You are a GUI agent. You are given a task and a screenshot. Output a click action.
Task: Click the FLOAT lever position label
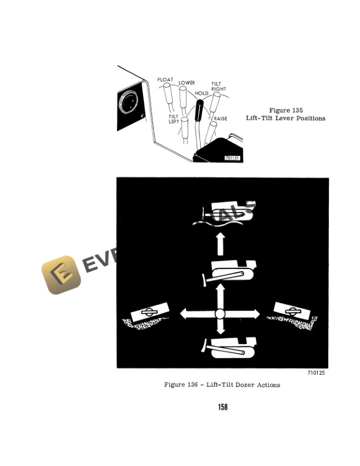coord(165,79)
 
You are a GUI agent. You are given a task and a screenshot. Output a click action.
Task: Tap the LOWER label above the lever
coord(186,83)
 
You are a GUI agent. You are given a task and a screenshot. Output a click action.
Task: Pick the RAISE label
coord(221,119)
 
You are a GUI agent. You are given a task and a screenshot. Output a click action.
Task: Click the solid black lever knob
coord(199,109)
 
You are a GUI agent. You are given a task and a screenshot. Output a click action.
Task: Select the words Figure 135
coord(285,110)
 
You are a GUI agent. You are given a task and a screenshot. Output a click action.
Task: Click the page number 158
coord(222,407)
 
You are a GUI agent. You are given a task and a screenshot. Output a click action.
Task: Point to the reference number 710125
coord(316,373)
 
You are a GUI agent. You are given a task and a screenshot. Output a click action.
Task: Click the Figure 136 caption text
coord(222,385)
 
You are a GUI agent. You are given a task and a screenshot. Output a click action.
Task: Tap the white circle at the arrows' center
coord(221,314)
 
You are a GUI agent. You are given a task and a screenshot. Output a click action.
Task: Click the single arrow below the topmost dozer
coord(221,243)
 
